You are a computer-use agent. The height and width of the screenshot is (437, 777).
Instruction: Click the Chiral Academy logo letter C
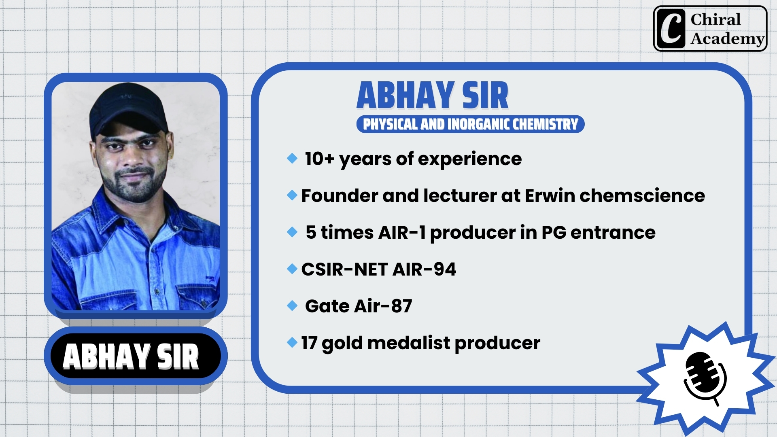[671, 28]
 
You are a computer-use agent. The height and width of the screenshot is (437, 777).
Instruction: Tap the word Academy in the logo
[728, 39]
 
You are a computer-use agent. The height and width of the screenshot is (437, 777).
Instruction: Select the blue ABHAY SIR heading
[432, 95]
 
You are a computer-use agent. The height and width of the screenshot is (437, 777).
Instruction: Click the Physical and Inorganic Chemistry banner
[470, 124]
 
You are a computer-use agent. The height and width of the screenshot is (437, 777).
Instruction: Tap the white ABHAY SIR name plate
[131, 356]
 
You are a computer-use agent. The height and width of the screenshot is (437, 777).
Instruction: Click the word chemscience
[642, 196]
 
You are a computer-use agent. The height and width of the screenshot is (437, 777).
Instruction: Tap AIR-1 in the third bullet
[402, 233]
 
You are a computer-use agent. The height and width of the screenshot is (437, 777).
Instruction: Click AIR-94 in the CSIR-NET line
[425, 269]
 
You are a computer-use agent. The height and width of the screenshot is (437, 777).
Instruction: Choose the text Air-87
[383, 306]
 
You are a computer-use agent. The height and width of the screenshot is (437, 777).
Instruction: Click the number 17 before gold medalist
[309, 343]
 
